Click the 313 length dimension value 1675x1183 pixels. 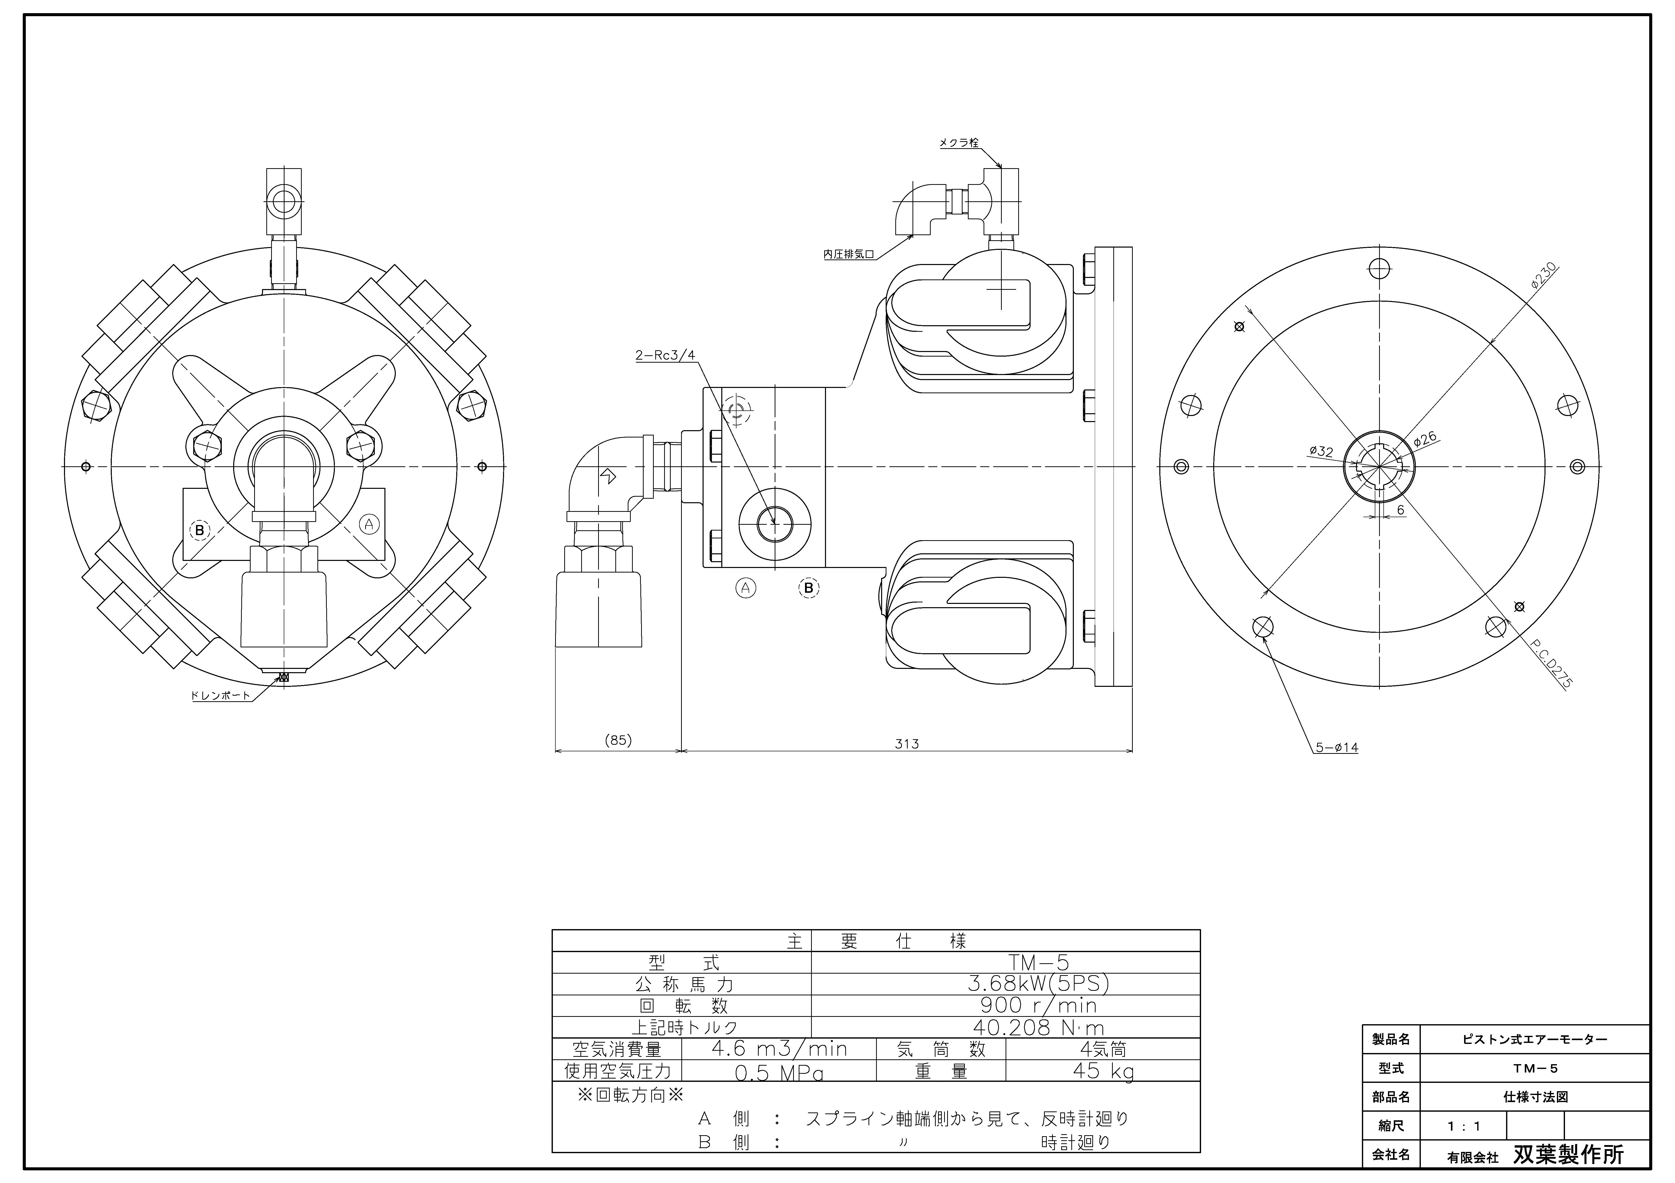point(907,744)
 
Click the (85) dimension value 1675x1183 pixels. point(618,740)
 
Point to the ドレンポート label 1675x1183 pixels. point(220,695)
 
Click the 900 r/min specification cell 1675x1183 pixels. point(1038,1006)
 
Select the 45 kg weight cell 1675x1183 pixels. point(1102,1071)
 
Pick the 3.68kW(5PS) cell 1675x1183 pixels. point(1038,984)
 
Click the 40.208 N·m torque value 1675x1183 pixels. point(1038,1028)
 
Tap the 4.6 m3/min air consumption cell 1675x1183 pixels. point(779,1049)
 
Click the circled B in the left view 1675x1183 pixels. point(199,530)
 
